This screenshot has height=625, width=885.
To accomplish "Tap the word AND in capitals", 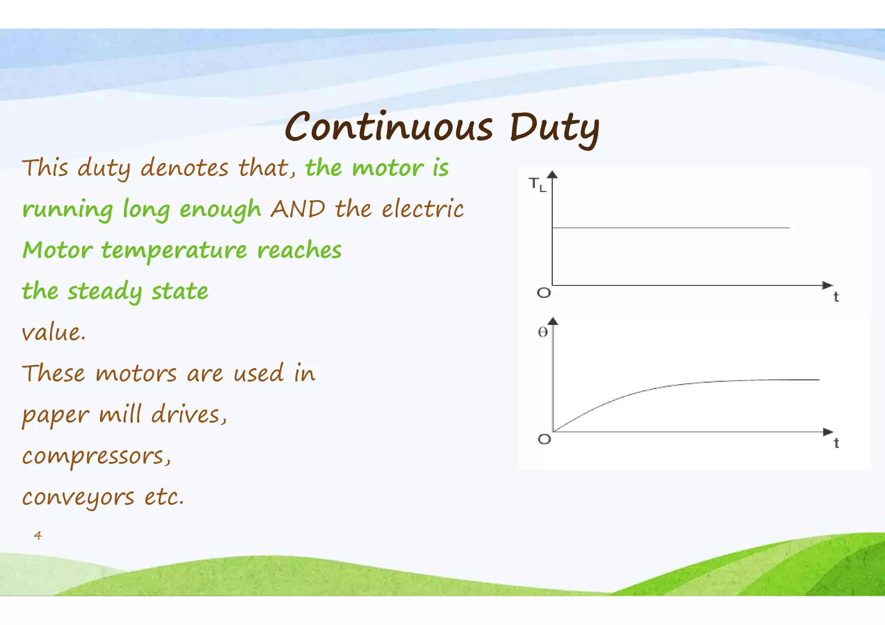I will pyautogui.click(x=298, y=209).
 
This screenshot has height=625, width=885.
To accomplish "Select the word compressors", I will pyautogui.click(x=96, y=456).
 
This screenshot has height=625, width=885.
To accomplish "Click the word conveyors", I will pyautogui.click(x=78, y=497).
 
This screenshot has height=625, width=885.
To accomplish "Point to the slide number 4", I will pyautogui.click(x=38, y=536).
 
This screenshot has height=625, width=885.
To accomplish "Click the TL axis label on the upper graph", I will pyautogui.click(x=537, y=184).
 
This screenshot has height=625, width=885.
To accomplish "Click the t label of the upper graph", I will pyautogui.click(x=836, y=297).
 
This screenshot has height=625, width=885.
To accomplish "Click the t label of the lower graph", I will pyautogui.click(x=836, y=443).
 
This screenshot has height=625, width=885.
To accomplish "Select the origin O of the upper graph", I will pyautogui.click(x=544, y=293).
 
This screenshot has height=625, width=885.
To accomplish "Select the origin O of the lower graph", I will pyautogui.click(x=544, y=439).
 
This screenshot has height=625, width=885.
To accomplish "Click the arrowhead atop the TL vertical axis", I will pyautogui.click(x=552, y=174).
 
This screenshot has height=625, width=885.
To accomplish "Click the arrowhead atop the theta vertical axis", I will pyautogui.click(x=553, y=320).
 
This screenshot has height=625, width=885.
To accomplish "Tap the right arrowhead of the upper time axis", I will pyautogui.click(x=827, y=285).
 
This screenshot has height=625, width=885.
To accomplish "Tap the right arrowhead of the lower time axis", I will pyautogui.click(x=828, y=431).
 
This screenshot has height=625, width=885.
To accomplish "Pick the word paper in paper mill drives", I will pyautogui.click(x=55, y=416).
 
